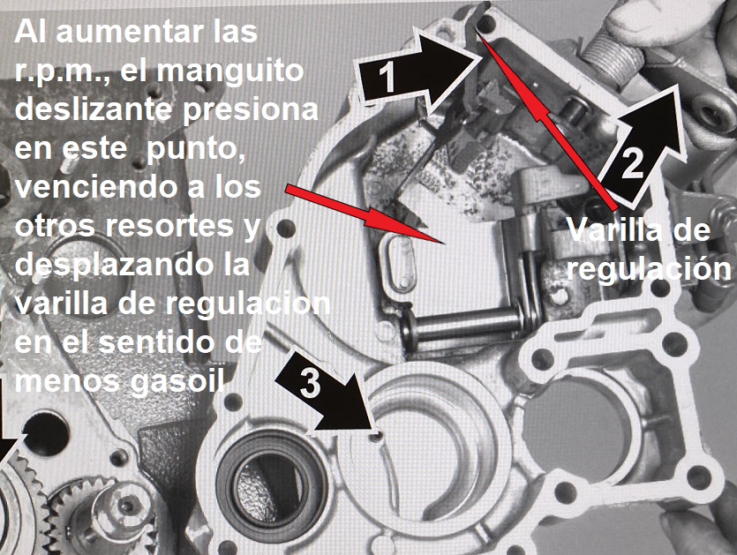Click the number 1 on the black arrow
pos(387,77)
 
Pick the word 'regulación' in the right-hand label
pos(649,269)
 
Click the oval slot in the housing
pos(397,260)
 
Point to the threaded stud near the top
pos(613,60)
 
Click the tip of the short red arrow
pos(443,243)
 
